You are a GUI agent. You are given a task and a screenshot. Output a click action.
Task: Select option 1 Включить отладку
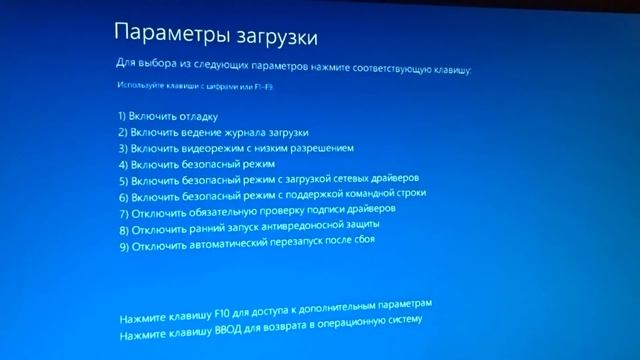click(167, 117)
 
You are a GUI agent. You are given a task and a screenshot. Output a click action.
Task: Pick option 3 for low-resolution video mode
click(235, 148)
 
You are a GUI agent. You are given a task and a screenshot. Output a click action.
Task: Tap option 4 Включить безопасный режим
click(196, 163)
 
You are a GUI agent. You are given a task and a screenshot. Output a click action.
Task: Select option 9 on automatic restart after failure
click(246, 244)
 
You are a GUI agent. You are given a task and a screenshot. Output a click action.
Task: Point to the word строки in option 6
click(411, 192)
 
